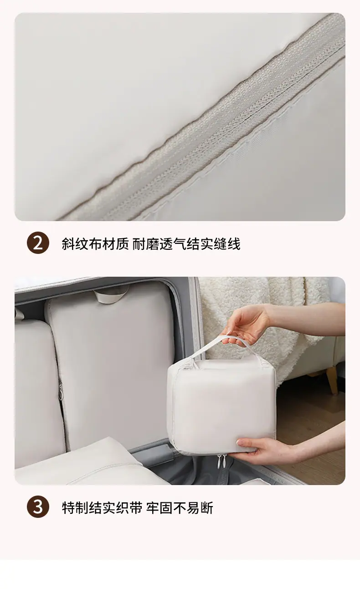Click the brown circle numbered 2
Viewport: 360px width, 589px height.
click(38, 243)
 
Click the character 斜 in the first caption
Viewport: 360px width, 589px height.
click(68, 244)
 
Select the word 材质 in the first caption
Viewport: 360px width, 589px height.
click(116, 244)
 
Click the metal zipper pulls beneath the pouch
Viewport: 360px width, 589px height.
click(221, 462)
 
